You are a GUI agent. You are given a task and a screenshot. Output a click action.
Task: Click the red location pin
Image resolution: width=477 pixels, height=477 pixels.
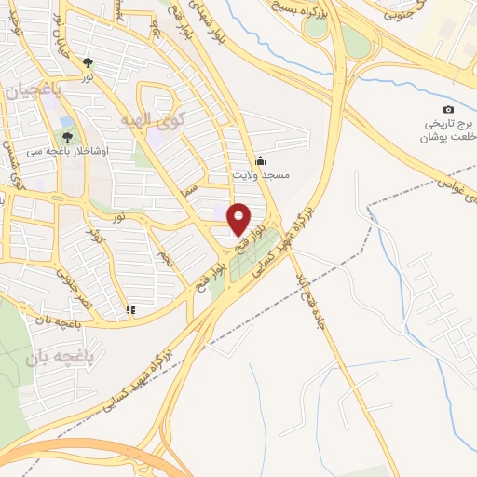[239, 218]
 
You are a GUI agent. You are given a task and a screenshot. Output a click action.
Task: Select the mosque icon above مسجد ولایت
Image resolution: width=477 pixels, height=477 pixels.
[260, 159]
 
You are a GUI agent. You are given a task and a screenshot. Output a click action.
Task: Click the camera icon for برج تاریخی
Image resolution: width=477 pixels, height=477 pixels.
[449, 109]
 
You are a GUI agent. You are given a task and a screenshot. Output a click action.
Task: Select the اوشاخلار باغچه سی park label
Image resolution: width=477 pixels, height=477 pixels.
[69, 151]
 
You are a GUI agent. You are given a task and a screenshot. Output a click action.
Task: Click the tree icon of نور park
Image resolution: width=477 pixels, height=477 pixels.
[88, 63]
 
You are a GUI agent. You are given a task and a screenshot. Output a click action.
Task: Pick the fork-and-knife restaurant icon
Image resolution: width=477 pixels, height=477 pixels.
[131, 309]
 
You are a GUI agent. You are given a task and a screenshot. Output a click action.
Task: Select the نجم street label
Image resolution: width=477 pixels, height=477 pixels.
[166, 253]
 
